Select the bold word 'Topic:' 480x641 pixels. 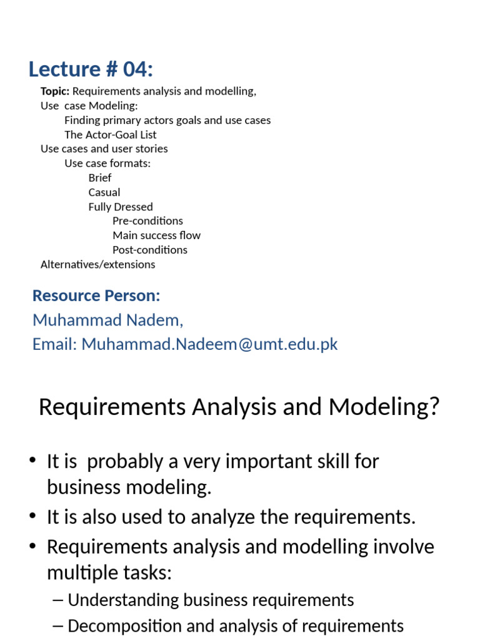(55, 91)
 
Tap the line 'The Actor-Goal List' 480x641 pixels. (110, 135)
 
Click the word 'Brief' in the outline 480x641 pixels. (100, 178)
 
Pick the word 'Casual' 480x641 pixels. (104, 192)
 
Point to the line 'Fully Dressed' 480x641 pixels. (121, 207)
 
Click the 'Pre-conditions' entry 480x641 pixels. (147, 221)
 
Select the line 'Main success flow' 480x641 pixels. (156, 235)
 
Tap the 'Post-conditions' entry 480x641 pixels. (149, 250)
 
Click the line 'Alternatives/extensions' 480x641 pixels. (97, 264)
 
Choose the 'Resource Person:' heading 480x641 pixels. (96, 295)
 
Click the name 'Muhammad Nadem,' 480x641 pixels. (108, 320)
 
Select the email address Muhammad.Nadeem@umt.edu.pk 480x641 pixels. (210, 344)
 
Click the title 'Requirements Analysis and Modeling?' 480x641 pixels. (239, 408)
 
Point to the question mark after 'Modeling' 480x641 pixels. (434, 408)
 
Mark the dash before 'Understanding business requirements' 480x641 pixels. (58, 600)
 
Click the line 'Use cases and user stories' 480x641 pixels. (104, 149)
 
